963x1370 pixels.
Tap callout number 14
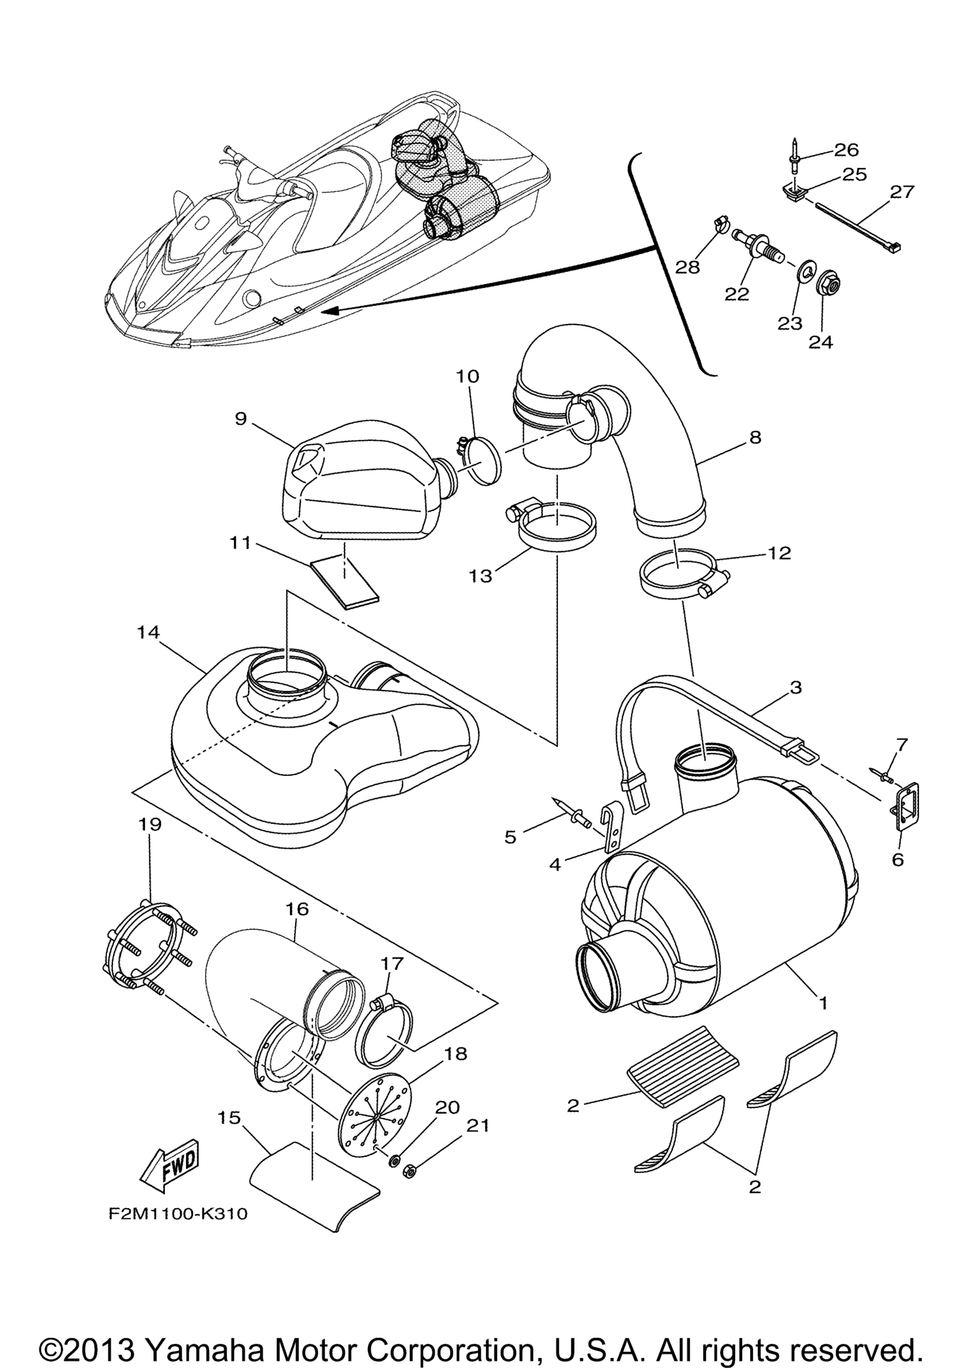point(148,632)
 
